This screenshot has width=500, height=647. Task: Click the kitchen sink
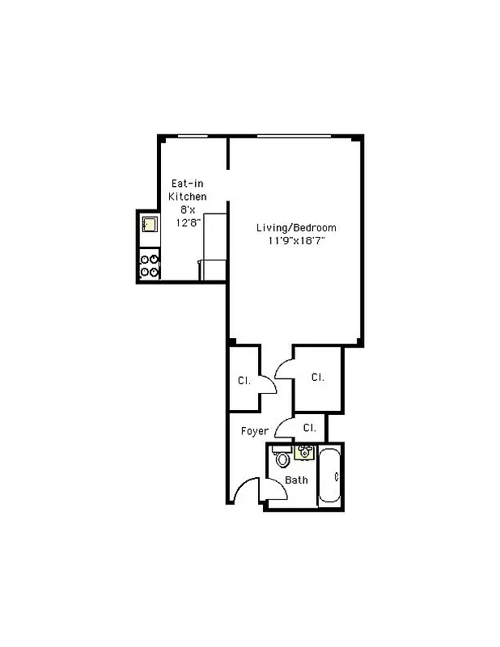click(149, 224)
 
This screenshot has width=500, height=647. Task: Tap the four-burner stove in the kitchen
click(150, 265)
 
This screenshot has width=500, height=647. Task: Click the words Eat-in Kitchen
click(187, 190)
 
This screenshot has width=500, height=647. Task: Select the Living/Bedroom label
click(296, 227)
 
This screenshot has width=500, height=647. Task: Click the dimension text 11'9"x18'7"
click(296, 240)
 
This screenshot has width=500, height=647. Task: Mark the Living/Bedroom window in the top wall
click(294, 137)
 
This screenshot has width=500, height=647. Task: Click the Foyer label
click(254, 431)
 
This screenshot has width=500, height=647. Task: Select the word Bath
click(297, 480)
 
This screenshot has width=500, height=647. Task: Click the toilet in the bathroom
click(282, 459)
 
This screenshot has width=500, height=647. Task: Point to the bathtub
click(330, 478)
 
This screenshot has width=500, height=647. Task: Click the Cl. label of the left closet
click(243, 380)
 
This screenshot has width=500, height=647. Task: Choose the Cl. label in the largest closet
click(318, 377)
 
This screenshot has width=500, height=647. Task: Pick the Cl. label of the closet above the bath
click(309, 427)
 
